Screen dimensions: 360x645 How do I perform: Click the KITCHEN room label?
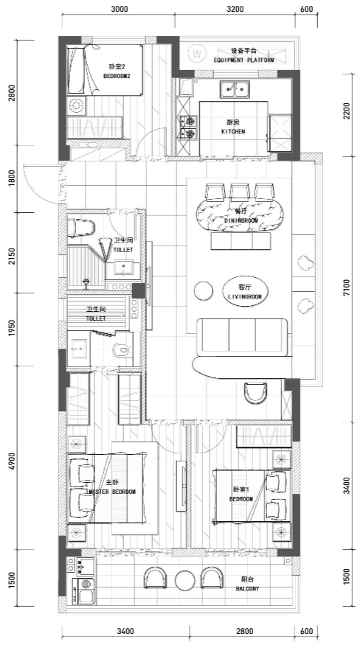tap(233, 132)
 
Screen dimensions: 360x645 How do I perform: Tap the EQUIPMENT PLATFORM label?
tap(244, 60)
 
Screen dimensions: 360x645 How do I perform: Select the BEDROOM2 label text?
tap(117, 76)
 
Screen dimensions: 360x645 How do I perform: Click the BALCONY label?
tap(247, 589)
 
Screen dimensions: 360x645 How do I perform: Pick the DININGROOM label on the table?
tap(241, 220)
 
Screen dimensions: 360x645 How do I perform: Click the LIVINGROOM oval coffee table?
tap(245, 291)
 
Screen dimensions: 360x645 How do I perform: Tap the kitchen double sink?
tap(235, 90)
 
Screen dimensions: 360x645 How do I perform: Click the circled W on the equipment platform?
tap(198, 53)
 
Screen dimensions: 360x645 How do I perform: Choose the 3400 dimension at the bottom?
tap(125, 631)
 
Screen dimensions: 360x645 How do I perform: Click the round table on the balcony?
tap(184, 580)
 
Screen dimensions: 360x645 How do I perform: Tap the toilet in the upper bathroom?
tap(82, 227)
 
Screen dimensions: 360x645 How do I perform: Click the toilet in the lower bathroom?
tap(122, 349)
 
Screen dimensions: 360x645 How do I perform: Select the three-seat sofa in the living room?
tap(242, 337)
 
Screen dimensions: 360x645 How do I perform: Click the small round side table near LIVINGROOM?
tap(204, 291)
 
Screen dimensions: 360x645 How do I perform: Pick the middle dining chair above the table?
tap(239, 192)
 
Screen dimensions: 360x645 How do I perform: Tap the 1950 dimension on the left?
tap(12, 329)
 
